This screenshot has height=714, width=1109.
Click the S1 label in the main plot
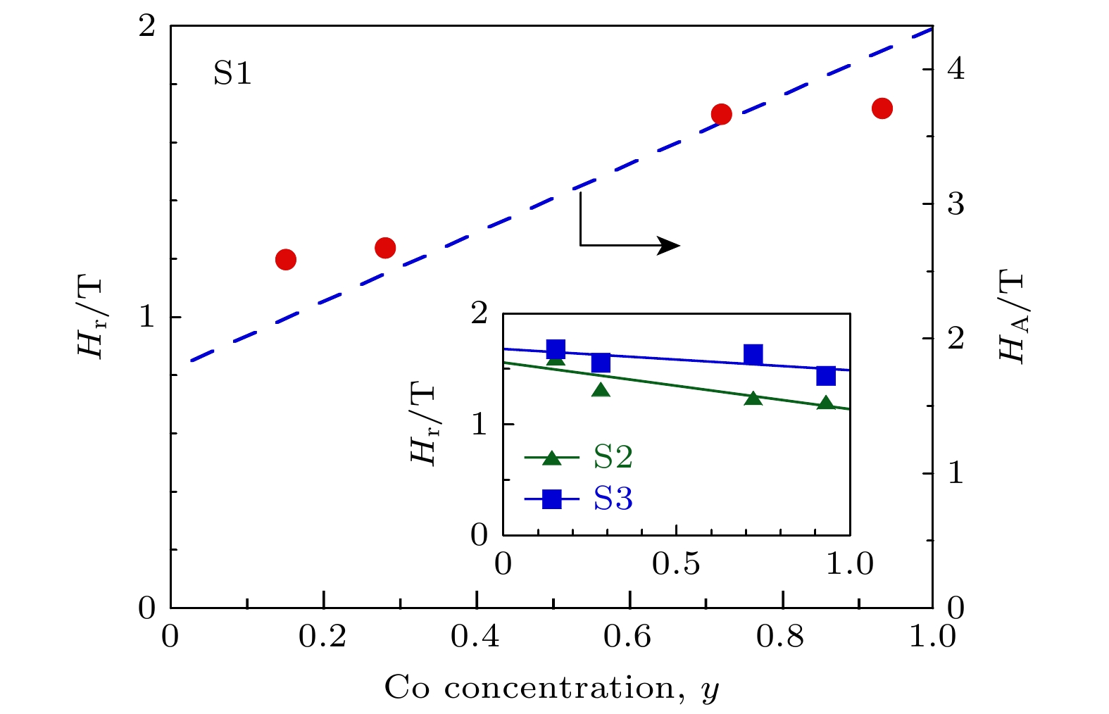click(x=232, y=73)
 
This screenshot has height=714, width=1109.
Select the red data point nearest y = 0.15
click(x=285, y=260)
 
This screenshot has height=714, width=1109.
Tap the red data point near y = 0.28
click(x=385, y=248)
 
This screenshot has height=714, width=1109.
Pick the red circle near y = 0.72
click(x=721, y=114)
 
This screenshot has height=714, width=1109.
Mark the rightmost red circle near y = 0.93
click(x=882, y=108)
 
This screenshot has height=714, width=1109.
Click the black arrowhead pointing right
click(x=669, y=246)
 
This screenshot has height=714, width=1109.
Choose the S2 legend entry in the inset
click(x=613, y=458)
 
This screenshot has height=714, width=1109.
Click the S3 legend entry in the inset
click(x=613, y=499)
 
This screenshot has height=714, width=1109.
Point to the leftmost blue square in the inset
click(x=556, y=349)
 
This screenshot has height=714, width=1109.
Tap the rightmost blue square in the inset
click(x=826, y=376)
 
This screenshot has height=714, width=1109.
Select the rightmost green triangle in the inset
click(x=826, y=403)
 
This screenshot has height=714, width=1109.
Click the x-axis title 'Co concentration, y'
click(x=552, y=688)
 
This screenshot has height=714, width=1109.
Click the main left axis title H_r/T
click(x=90, y=317)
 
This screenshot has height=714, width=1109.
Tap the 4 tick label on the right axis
click(x=956, y=70)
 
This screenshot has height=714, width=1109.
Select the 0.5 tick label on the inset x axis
click(x=676, y=564)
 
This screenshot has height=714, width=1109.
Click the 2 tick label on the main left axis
click(x=146, y=27)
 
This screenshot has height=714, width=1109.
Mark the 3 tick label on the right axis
click(x=956, y=204)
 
